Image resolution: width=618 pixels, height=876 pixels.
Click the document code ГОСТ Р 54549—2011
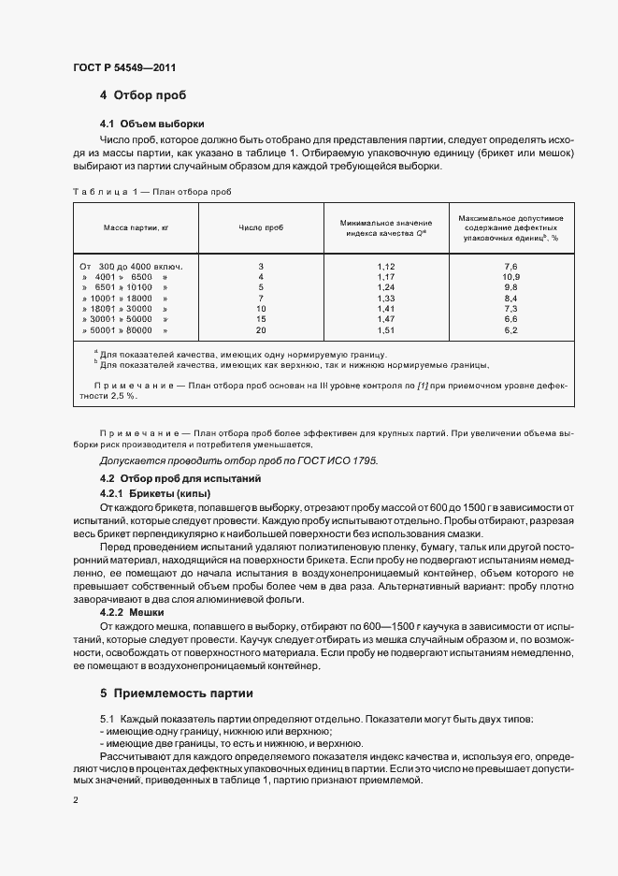(x=123, y=66)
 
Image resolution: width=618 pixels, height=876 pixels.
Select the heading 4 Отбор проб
(x=143, y=95)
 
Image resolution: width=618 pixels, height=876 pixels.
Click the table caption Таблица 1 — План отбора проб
(x=151, y=191)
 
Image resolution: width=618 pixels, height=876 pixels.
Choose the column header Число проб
(x=261, y=227)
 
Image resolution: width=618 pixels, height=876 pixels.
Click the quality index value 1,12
(x=386, y=267)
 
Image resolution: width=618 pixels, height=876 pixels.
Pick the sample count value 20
(x=261, y=329)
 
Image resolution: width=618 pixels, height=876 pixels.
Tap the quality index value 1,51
(x=386, y=329)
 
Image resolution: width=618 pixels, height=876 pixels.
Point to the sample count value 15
(x=261, y=319)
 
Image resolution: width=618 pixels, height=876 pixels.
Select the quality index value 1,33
(x=386, y=298)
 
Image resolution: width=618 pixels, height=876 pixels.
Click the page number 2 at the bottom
(x=75, y=800)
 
